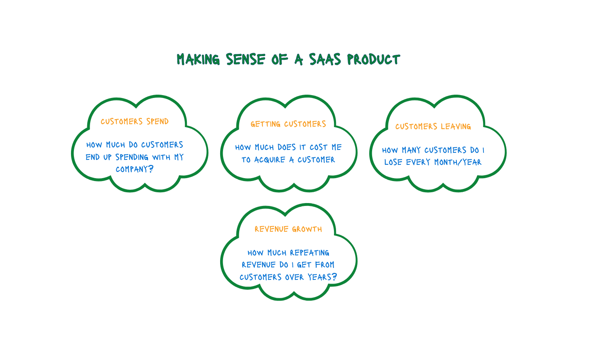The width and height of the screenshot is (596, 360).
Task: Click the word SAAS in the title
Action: point(325,60)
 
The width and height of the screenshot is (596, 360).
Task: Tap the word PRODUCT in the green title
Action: point(373,60)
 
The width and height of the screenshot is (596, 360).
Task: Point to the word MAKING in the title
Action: point(198,60)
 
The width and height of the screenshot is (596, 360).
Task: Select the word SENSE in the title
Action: point(245,60)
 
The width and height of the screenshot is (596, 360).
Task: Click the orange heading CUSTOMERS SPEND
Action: point(135,122)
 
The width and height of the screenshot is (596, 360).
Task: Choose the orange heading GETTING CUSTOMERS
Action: point(288,124)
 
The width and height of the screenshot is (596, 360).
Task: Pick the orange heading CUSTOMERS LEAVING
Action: point(433,127)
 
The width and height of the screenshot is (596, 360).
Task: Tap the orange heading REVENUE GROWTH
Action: point(288,229)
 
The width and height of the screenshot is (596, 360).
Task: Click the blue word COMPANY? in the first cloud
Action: point(135,169)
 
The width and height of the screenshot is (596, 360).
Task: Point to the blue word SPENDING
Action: point(132,157)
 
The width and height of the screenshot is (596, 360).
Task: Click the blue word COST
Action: point(319,147)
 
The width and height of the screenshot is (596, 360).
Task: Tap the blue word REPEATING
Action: point(309,253)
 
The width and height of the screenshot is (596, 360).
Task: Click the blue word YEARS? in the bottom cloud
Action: point(322,277)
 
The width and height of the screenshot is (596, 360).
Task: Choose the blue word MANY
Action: point(412,150)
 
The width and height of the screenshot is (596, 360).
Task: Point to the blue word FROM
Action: point(324,265)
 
